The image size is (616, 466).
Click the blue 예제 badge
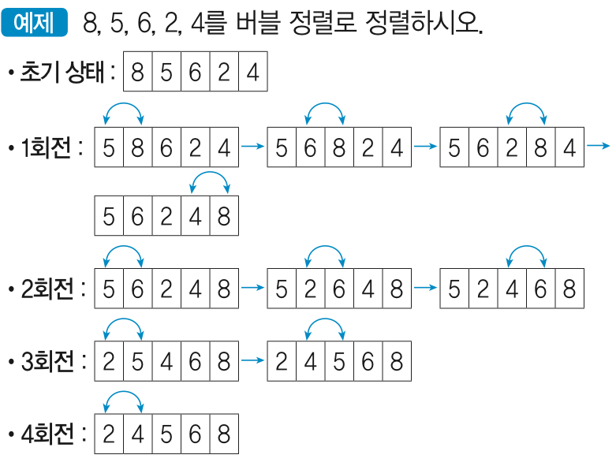tap(34, 24)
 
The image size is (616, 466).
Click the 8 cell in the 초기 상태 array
tap(137, 73)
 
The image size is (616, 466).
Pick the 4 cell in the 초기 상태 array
tap(252, 73)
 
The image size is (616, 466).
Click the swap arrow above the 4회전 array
tap(123, 398)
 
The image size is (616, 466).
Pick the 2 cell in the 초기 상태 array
tap(223, 73)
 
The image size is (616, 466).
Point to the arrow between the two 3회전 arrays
tap(252, 361)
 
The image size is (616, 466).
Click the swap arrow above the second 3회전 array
tap(325, 326)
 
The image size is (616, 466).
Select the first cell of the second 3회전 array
tap(282, 361)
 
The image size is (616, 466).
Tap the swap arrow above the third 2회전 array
tap(526, 255)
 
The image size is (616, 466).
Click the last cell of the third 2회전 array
tap(569, 289)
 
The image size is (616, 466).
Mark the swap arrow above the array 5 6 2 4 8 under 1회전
tap(210, 182)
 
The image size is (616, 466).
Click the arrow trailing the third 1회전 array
tap(599, 146)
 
